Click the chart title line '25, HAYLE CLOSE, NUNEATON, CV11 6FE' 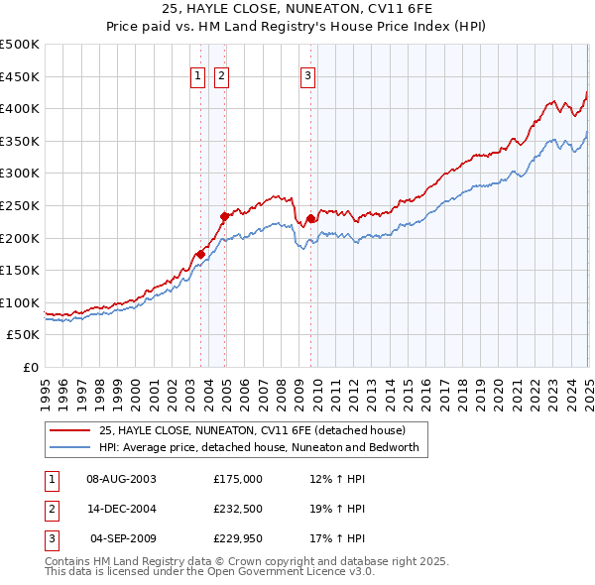click(297, 9)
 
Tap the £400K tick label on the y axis click(20, 108)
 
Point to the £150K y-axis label click(20, 270)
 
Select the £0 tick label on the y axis click(30, 367)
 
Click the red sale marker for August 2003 click(200, 254)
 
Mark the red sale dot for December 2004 click(225, 216)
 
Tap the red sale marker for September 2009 click(310, 218)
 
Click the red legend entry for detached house click(252, 431)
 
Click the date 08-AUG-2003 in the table click(122, 479)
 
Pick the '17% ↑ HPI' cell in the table click(338, 538)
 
